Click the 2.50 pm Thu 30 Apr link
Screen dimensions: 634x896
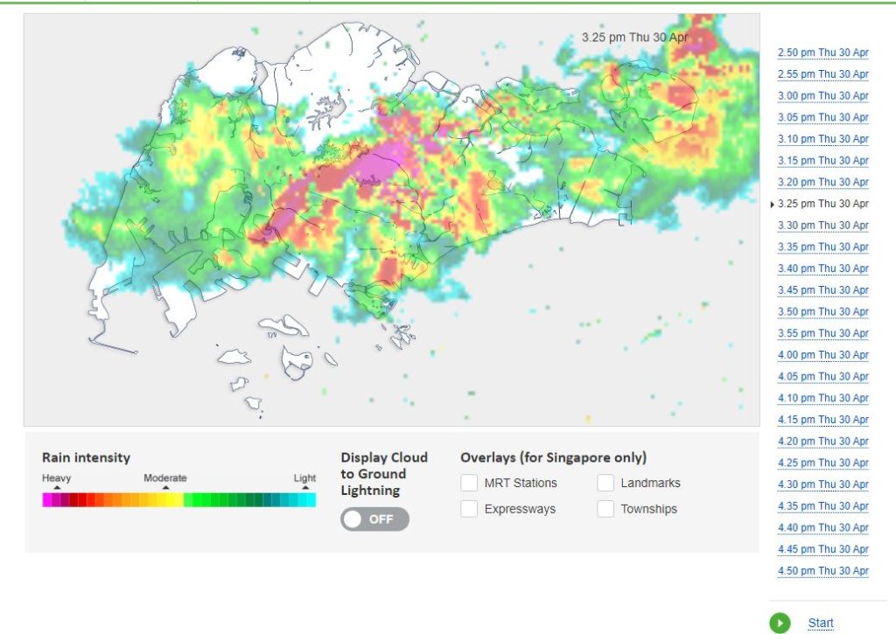(822, 53)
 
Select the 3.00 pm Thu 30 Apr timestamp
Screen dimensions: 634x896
(822, 96)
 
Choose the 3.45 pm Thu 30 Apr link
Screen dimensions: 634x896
(822, 290)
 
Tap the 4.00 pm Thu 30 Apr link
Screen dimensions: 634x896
(822, 355)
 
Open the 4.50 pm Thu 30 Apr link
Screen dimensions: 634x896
(822, 571)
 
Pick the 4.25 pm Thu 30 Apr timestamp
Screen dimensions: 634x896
(822, 463)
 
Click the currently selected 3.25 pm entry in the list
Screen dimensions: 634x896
(822, 204)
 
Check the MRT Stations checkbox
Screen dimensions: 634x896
(470, 483)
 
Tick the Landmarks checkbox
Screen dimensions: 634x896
(606, 483)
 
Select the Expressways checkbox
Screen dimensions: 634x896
(470, 509)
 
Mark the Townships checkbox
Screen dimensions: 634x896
(606, 509)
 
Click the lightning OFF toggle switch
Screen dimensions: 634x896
(374, 519)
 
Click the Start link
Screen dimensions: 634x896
(821, 624)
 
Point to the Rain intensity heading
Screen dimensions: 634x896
(86, 457)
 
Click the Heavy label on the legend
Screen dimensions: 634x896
(57, 478)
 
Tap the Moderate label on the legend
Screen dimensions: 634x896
(165, 478)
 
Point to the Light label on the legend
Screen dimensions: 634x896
(304, 478)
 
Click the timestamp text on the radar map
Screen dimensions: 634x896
(635, 38)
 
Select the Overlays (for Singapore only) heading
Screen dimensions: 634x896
(553, 457)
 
